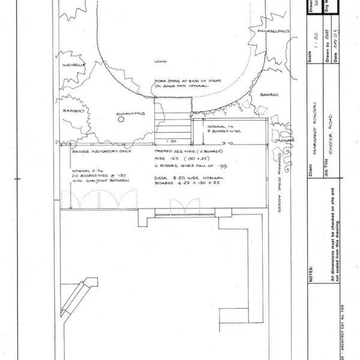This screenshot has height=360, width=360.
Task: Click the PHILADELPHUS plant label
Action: coord(274,29)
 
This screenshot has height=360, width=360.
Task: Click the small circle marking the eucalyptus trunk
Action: coord(121,119)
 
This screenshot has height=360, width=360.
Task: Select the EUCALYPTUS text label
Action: coord(128,112)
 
